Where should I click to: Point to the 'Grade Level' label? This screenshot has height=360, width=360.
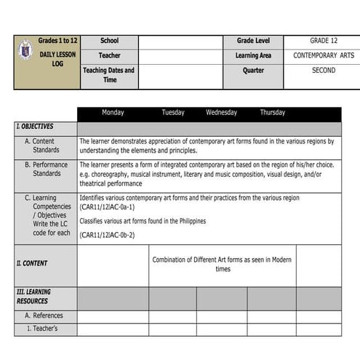pos(253,41)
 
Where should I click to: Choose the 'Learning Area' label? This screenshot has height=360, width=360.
pos(253,55)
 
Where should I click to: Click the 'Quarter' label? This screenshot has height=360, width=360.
pos(253,71)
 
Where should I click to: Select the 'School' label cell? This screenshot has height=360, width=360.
pos(109,41)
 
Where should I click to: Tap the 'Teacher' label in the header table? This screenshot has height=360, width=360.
pos(109,55)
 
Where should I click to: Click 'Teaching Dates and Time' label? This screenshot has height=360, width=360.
pos(109,75)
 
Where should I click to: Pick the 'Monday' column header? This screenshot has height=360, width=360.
pos(113,113)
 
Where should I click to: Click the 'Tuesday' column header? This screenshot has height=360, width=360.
pos(173,113)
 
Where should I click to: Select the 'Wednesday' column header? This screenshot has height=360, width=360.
pos(221,113)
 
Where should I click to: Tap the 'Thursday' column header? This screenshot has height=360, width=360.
pos(273,113)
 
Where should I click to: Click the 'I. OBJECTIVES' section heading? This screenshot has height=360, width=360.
pos(34,127)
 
